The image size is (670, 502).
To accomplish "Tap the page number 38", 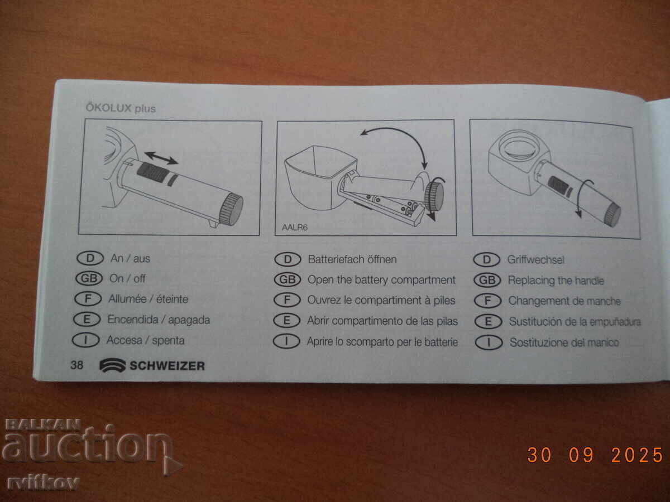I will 76,365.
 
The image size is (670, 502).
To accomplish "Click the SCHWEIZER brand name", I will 167,366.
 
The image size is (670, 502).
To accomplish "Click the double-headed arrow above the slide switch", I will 161,157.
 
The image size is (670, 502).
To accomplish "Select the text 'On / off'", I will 127,278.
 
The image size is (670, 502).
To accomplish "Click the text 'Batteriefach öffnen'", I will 352,259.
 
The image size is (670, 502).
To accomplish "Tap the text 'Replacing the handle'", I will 556,281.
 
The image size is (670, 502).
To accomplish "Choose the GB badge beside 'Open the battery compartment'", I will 288,280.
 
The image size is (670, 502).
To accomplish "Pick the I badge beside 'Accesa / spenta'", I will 88,340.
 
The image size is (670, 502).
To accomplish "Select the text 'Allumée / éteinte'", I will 148,299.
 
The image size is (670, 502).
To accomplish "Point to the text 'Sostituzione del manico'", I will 564,342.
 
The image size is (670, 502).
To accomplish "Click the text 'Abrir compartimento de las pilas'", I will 382,321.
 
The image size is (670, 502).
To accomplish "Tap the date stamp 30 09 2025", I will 595,455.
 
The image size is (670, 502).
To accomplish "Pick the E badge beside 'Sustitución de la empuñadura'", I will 488,321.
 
